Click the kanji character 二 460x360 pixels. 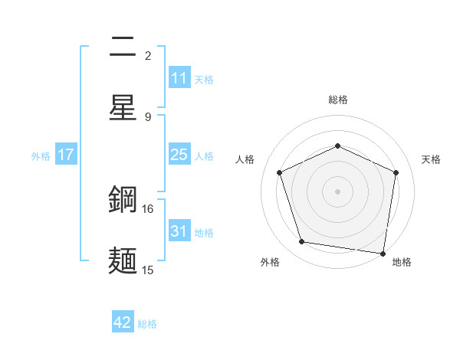pyautogui.click(x=123, y=47)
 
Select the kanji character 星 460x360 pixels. pyautogui.click(x=123, y=107)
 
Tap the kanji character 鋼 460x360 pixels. pyautogui.click(x=123, y=201)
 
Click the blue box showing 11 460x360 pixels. pyautogui.click(x=179, y=78)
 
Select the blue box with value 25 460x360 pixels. pyautogui.click(x=179, y=155)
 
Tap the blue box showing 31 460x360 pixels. pyautogui.click(x=179, y=231)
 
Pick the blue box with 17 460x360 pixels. pyautogui.click(x=66, y=155)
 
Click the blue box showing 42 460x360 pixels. pyautogui.click(x=123, y=322)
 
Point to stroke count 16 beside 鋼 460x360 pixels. pyautogui.click(x=147, y=208)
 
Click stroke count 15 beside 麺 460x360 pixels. pyautogui.click(x=147, y=270)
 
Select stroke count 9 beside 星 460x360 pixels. pyautogui.click(x=148, y=116)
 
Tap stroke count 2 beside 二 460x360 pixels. pyautogui.click(x=148, y=55)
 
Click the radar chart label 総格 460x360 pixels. pyautogui.click(x=338, y=100)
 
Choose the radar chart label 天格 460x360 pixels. pyautogui.click(x=431, y=159)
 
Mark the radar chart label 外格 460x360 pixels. pyautogui.click(x=270, y=262)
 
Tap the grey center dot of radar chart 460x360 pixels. pyautogui.click(x=337, y=191)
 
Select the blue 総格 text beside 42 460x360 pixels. pyautogui.click(x=147, y=323)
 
